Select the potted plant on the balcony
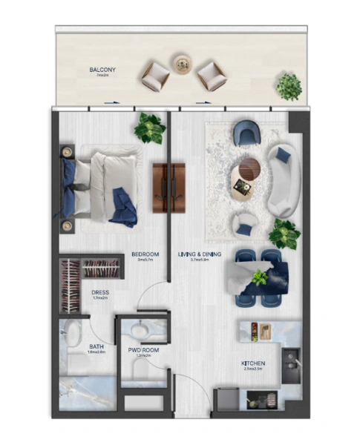(289, 85)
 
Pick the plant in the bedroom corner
(150, 128)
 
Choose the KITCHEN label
(253, 363)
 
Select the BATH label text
(96, 346)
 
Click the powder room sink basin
(138, 329)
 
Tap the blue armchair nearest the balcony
(245, 134)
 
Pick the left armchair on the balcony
(156, 76)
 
